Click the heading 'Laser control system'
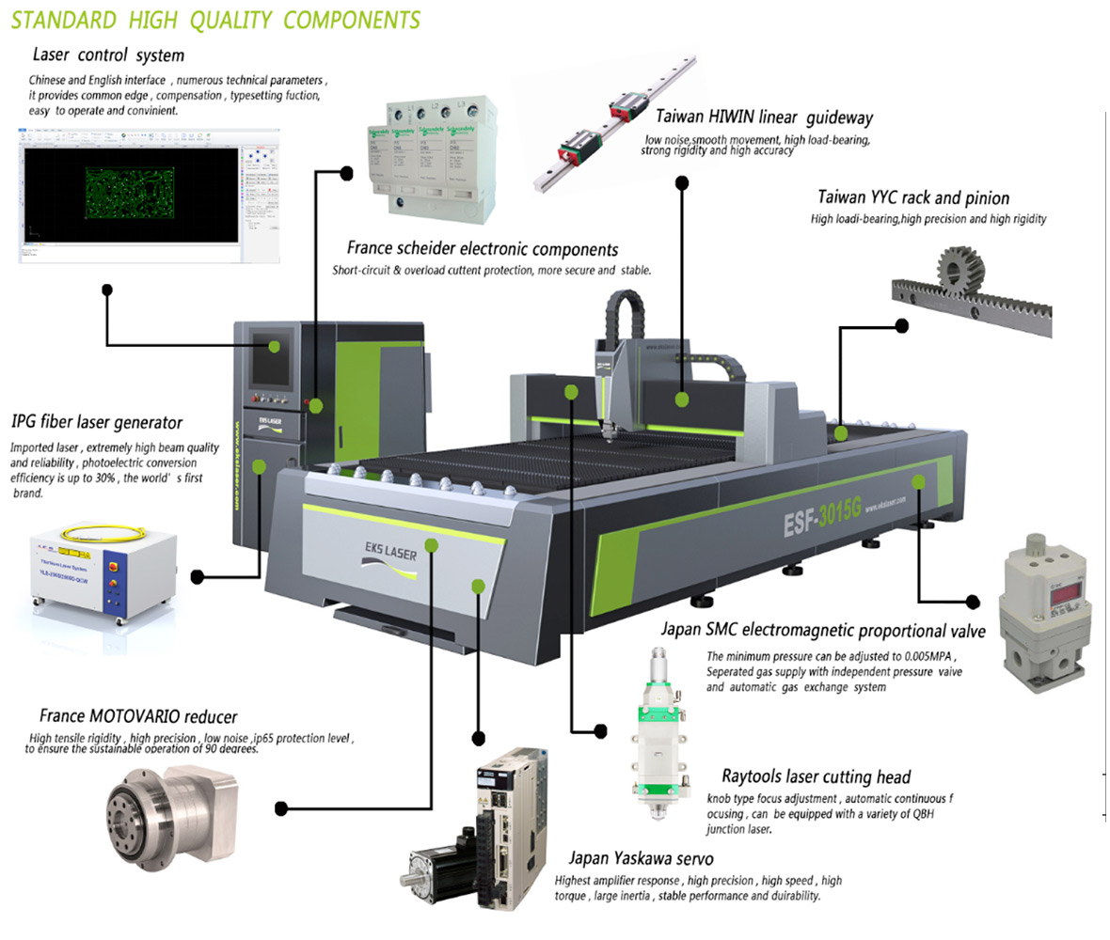click(108, 55)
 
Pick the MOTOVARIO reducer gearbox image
click(174, 805)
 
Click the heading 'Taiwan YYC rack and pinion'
click(913, 198)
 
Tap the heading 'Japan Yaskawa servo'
click(641, 858)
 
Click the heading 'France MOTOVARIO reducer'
click(138, 717)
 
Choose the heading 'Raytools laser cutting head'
click(816, 776)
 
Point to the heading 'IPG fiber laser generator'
click(97, 422)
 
